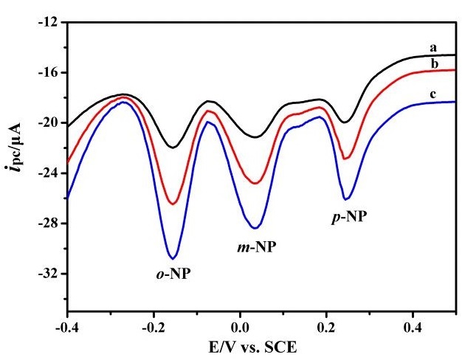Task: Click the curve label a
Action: pos(434,47)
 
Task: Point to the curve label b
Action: pos(434,64)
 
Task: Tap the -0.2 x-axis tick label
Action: pos(154,327)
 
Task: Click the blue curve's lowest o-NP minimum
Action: pos(173,258)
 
